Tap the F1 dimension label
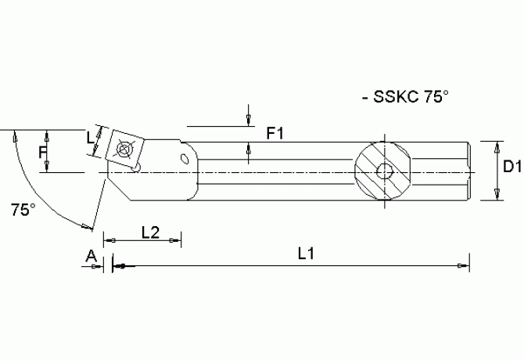click(x=274, y=134)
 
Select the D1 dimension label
click(x=512, y=167)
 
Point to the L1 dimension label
click(x=306, y=254)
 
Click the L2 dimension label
click(x=150, y=232)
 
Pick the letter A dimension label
click(x=91, y=255)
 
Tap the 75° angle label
click(x=23, y=209)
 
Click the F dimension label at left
click(x=43, y=153)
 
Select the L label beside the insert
click(x=90, y=137)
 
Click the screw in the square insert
click(x=123, y=147)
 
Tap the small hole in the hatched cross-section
click(x=384, y=171)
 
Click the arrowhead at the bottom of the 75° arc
click(x=86, y=228)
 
